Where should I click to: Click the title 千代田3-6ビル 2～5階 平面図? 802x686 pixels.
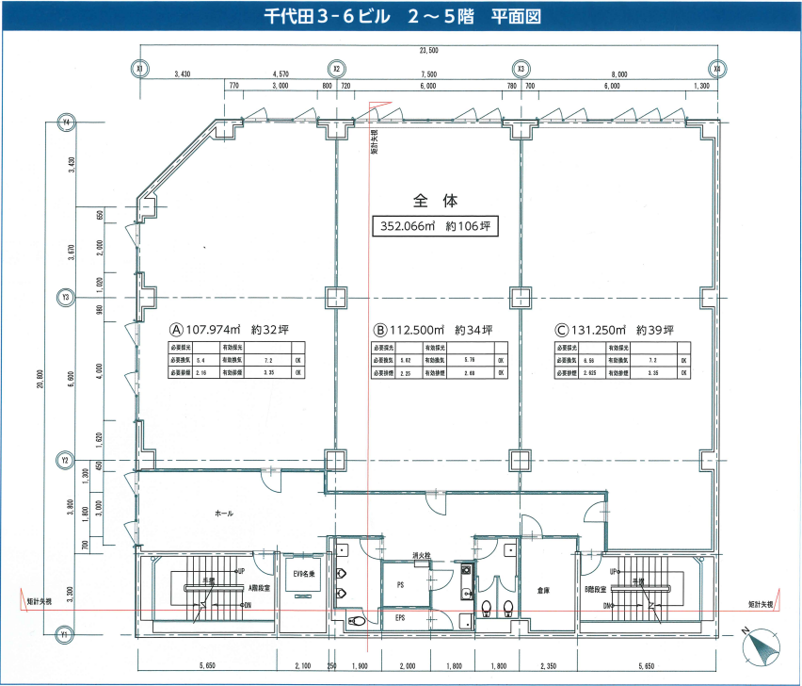(x=401, y=18)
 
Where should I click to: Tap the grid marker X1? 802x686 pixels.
(x=139, y=68)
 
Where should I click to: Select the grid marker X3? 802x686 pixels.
(x=521, y=68)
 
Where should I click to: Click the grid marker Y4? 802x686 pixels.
(x=66, y=122)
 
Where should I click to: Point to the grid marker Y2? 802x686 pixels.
(x=66, y=460)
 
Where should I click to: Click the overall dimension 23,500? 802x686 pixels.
(x=428, y=50)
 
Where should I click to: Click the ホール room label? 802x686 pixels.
(x=224, y=514)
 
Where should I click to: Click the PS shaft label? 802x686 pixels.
(x=400, y=585)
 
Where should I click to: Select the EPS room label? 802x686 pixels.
(x=400, y=618)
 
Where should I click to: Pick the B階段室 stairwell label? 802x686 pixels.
(x=595, y=587)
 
